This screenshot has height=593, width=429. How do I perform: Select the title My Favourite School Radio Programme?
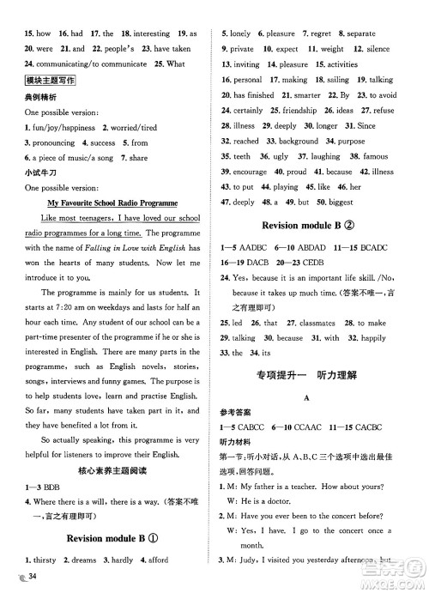pos(112,203)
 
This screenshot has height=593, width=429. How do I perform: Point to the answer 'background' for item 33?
pos(299,142)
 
